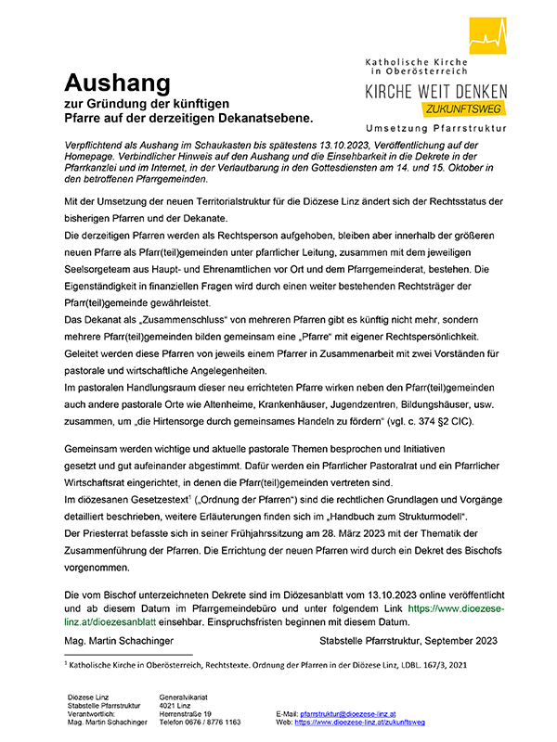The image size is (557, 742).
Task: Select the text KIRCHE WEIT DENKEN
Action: [435, 92]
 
